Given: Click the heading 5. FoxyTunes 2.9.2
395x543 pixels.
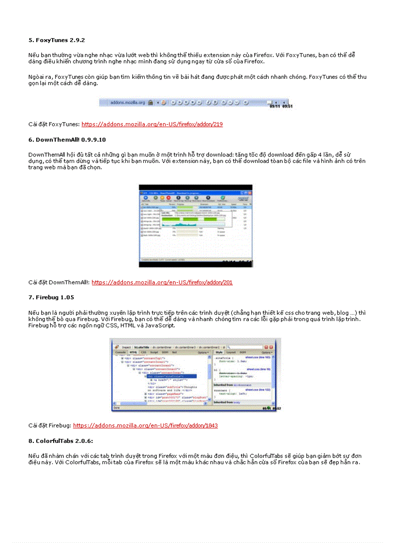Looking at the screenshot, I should (57, 40).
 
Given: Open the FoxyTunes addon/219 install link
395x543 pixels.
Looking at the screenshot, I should (152, 124).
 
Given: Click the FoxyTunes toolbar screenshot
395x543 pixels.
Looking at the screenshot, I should (196, 103).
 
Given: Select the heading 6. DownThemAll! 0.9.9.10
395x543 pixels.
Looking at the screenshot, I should (67, 139).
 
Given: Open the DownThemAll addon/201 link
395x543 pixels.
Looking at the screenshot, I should (162, 282).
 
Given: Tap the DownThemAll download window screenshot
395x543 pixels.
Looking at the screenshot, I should (196, 226).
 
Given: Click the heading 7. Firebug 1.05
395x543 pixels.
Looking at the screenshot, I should (51, 297).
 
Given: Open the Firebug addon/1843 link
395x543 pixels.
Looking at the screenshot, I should (145, 426).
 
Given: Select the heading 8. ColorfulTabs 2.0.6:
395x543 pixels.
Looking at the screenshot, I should (61, 440).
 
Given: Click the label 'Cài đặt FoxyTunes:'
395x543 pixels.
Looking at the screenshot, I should (54, 124).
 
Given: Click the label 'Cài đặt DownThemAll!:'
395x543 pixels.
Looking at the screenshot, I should (59, 282).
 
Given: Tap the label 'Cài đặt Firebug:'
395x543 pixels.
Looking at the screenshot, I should (50, 426).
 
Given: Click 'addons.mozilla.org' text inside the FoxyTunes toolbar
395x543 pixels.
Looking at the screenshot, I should (124, 103).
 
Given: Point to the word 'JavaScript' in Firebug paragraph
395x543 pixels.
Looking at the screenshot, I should (160, 325).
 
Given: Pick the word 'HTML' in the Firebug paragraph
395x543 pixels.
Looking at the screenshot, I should (129, 325).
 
